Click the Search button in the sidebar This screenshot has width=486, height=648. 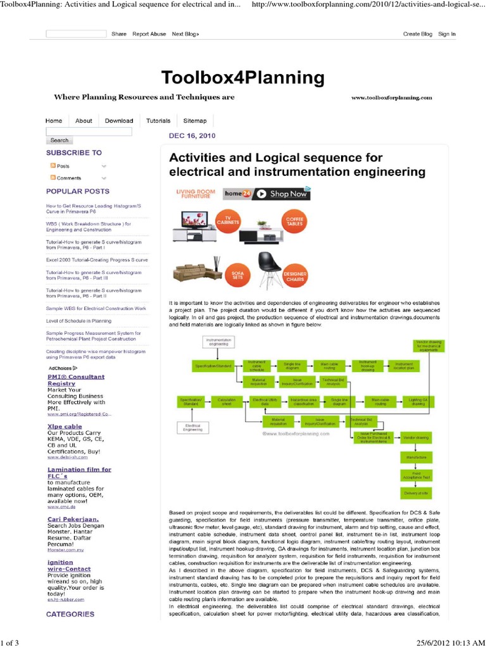click(x=59, y=140)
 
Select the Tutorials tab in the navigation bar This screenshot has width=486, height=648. click(x=158, y=121)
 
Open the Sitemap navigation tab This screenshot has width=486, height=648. click(x=195, y=121)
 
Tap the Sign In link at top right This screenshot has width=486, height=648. click(x=447, y=34)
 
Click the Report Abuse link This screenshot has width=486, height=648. click(x=149, y=34)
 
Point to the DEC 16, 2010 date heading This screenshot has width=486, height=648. click(x=192, y=136)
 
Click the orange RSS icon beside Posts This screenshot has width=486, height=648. click(x=53, y=166)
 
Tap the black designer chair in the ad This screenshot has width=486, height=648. click(x=270, y=268)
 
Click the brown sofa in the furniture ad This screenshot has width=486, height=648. click(x=197, y=273)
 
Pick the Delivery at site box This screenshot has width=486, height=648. click(x=416, y=492)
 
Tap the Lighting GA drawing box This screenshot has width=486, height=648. click(x=417, y=401)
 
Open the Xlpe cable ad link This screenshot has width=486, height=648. click(x=64, y=427)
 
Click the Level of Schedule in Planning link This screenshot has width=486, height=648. click(x=78, y=321)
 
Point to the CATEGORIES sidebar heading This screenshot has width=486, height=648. click(x=70, y=614)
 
